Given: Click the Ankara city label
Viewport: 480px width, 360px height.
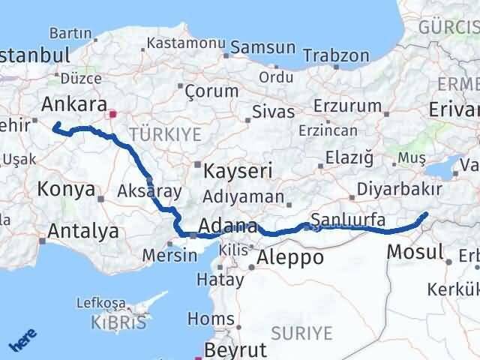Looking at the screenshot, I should [x=74, y=104].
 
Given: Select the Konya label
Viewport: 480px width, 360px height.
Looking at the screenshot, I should [x=66, y=190].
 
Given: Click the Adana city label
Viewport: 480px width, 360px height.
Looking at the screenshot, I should [x=229, y=226].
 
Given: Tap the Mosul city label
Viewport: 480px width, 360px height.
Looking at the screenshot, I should [x=415, y=252].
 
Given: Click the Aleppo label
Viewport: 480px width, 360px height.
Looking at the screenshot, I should [x=290, y=259].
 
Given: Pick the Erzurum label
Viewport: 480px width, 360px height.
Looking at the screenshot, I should [x=343, y=104].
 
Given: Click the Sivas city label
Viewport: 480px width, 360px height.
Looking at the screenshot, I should [x=271, y=112].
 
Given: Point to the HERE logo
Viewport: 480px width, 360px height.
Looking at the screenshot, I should [x=22, y=340].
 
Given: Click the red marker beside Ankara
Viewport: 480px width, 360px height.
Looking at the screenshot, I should [x=112, y=115].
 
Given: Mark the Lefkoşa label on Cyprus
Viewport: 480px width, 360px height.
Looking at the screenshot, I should [x=102, y=303].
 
